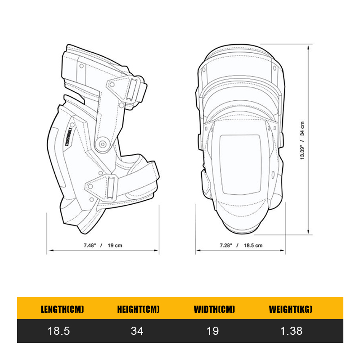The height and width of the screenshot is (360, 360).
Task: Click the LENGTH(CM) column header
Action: pos(63,309)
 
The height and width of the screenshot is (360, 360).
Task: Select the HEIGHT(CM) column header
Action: pos(138,309)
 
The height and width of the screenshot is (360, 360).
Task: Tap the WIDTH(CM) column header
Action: pos(214,309)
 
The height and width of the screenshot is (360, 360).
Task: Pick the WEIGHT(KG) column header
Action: pos(290,309)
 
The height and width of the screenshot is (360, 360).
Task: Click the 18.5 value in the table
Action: pos(59,331)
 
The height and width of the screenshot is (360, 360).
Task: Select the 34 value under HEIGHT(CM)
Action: pos(137,331)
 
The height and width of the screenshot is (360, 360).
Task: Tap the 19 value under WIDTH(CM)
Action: pos(213,331)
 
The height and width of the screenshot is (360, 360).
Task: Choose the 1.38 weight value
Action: pos(291,331)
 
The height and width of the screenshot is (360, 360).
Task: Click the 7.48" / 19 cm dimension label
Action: pos(103,245)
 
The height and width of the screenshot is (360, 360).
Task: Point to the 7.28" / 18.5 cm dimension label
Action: pos(241,245)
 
